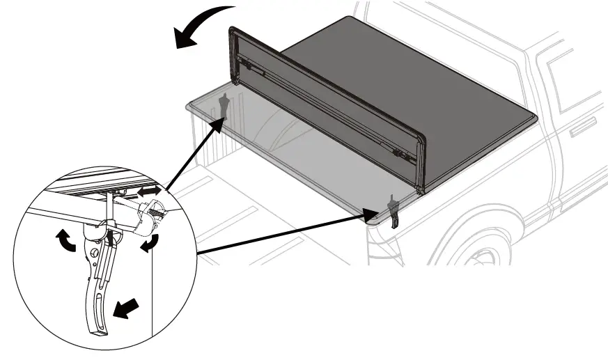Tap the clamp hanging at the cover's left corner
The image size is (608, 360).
pyautogui.click(x=225, y=106)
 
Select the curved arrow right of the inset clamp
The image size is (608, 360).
pyautogui.click(x=149, y=244)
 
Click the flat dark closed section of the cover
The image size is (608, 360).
pyautogui.click(x=411, y=84)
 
